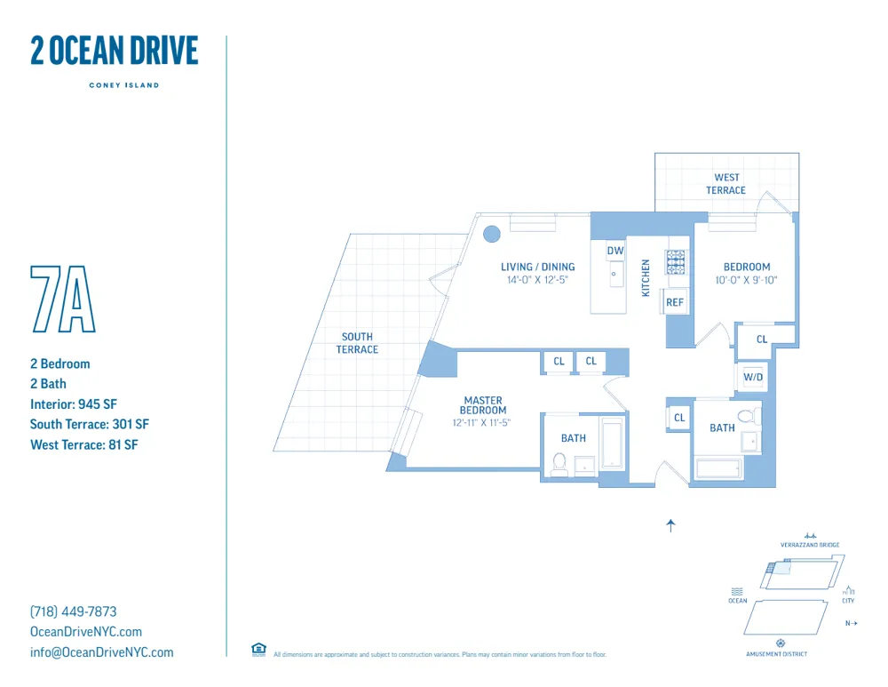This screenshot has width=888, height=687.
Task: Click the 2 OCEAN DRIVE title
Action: click(114, 52)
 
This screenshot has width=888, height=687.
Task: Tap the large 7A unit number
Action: click(62, 299)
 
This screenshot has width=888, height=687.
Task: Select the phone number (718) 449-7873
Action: click(74, 611)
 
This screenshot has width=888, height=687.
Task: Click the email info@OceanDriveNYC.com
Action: click(102, 652)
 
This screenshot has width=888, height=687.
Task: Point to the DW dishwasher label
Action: click(615, 252)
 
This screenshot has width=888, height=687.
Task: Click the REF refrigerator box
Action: click(675, 302)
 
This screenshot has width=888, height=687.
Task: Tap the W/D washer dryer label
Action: click(753, 377)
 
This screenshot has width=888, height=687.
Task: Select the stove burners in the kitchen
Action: click(677, 261)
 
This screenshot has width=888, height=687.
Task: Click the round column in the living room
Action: click(491, 235)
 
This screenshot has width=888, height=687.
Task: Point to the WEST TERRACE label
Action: click(726, 184)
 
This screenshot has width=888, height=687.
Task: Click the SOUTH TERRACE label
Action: click(357, 343)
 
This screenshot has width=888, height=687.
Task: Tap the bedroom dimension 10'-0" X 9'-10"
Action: click(747, 280)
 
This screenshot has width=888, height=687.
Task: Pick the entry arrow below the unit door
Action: click(670, 525)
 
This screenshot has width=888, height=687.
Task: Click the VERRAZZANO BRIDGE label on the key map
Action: click(810, 545)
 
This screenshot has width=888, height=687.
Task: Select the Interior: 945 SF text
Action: click(74, 403)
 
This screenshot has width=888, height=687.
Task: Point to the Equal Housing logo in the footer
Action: click(258, 650)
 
